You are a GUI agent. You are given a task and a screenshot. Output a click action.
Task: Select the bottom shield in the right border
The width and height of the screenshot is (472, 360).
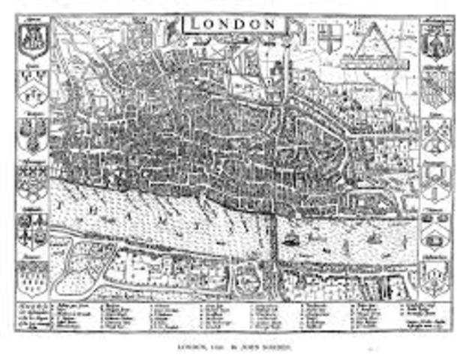point(436,279)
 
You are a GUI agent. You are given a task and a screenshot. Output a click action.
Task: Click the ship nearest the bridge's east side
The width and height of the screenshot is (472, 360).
point(292,240)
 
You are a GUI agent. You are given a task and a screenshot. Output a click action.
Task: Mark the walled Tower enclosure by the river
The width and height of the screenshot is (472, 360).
point(365,198)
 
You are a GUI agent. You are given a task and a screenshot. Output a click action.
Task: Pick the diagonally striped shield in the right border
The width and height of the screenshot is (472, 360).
point(436,90)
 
